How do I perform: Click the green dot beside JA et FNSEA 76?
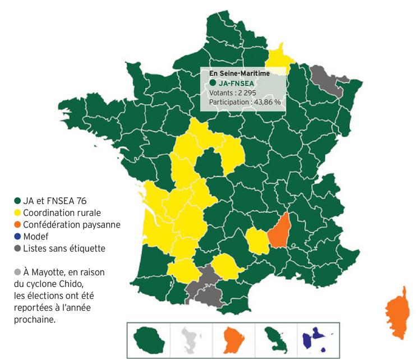point(17,201)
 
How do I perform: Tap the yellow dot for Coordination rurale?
point(17,213)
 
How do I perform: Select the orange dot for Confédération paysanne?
point(17,224)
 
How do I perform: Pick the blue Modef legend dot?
point(17,236)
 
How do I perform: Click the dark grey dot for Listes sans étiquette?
point(17,248)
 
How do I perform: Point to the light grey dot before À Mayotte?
point(17,271)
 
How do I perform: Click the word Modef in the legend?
point(35,236)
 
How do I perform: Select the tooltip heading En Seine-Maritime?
point(240,73)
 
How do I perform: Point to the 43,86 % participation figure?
point(269,103)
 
